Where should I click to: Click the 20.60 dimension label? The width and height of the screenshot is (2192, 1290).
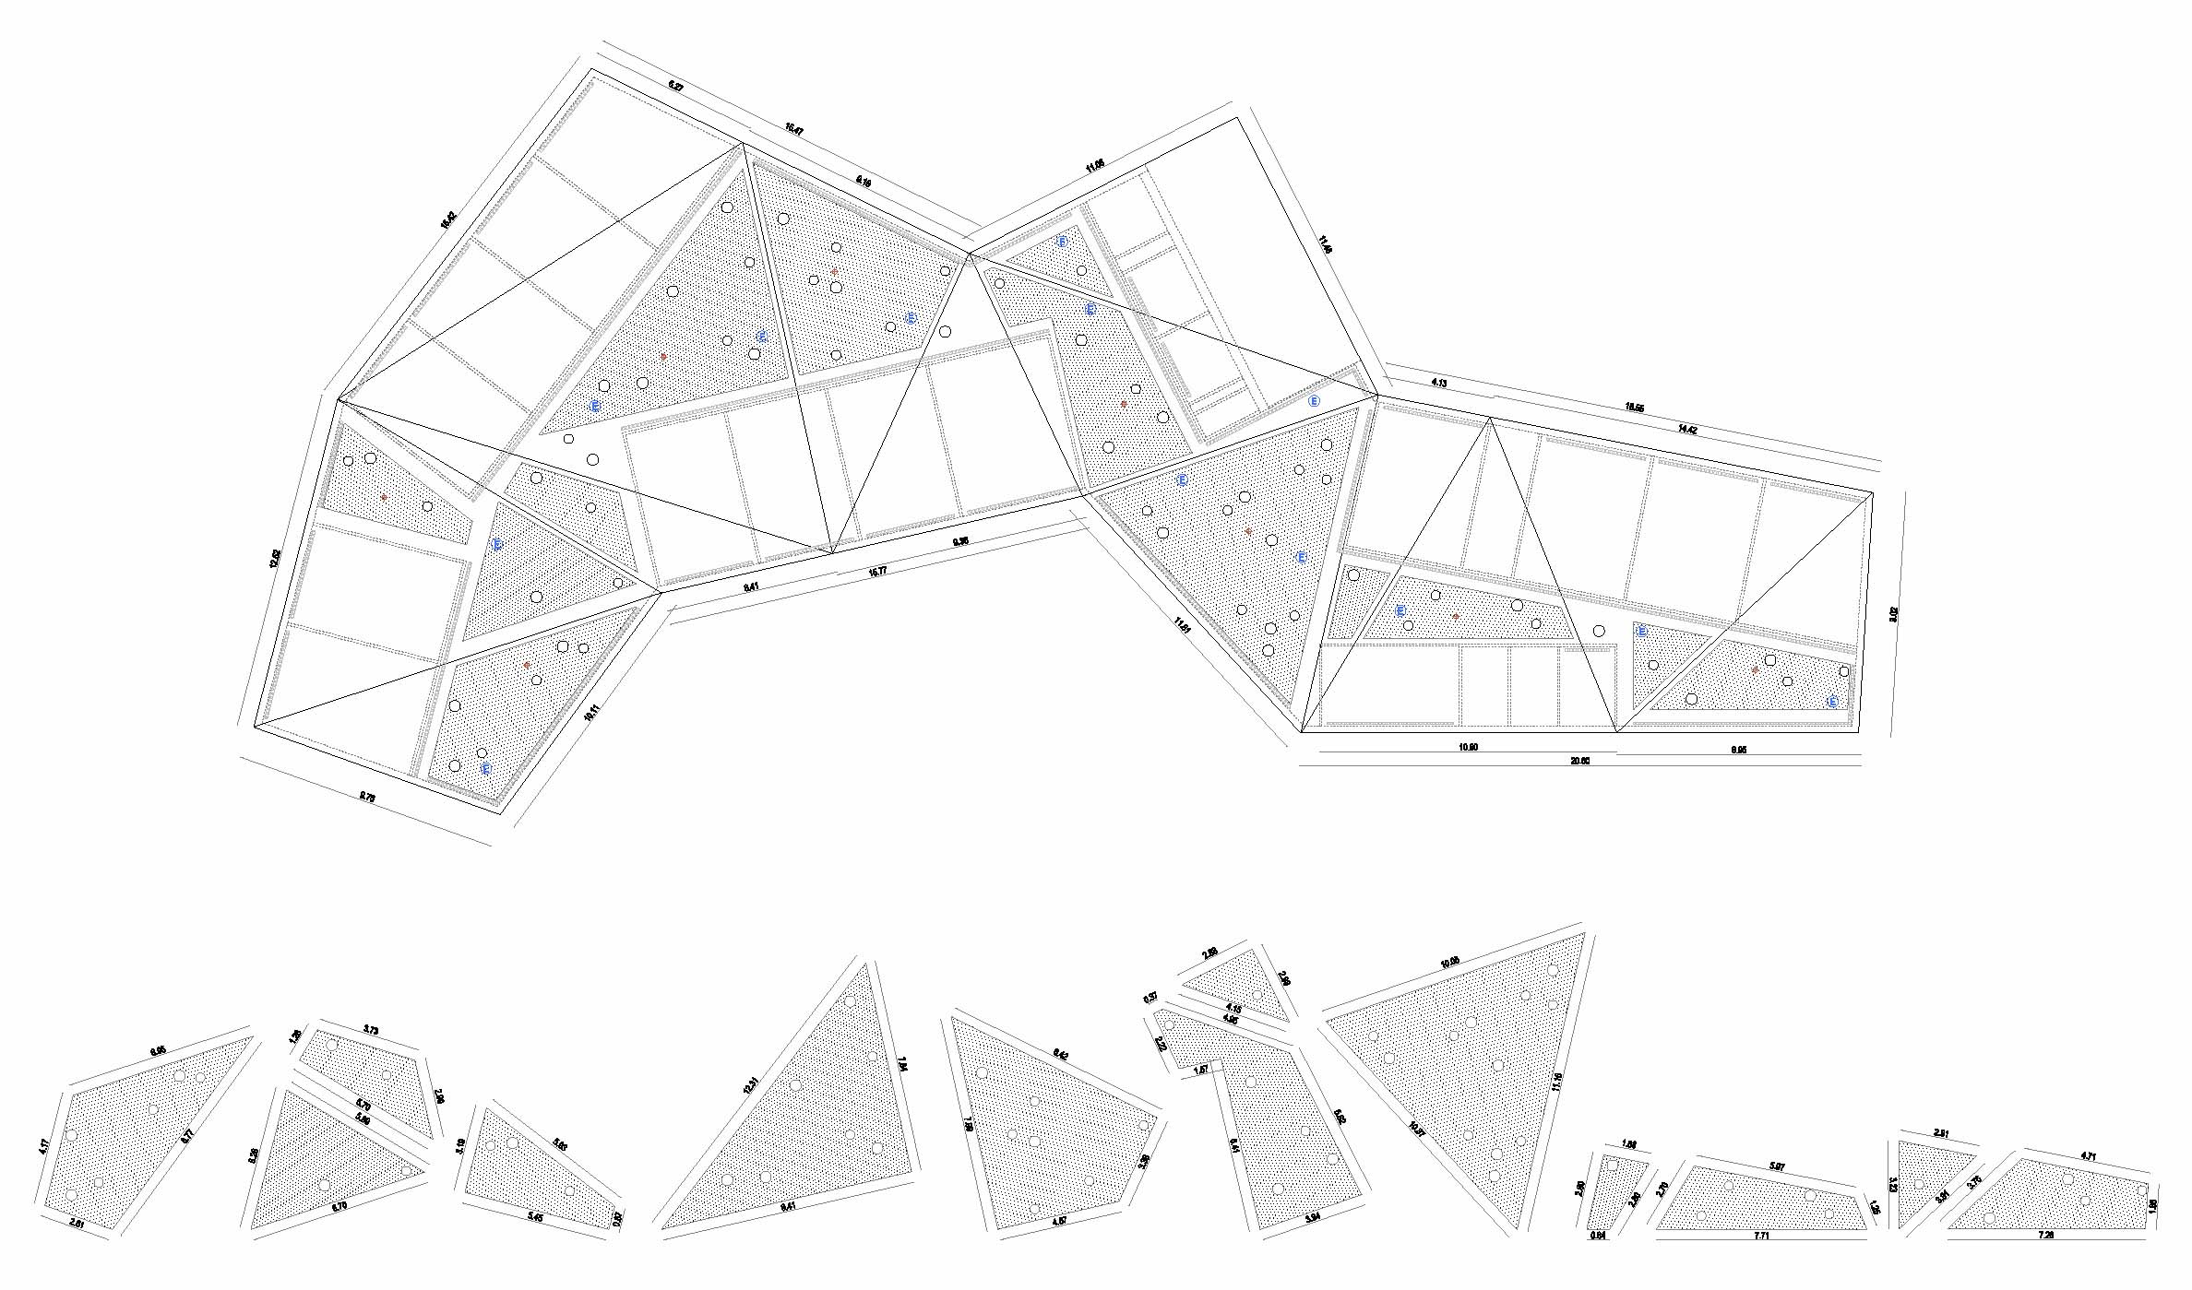(x=1579, y=761)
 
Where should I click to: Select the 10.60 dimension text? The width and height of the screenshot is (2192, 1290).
(x=1468, y=747)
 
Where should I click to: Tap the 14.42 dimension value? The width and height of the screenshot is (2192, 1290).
(x=1686, y=429)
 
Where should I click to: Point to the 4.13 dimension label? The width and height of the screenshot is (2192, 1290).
(x=1438, y=382)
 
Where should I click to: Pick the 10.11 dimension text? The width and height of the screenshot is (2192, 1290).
(x=591, y=715)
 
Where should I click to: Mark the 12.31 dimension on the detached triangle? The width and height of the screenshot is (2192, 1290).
(x=753, y=1085)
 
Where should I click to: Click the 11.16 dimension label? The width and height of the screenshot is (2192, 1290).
(x=1558, y=1079)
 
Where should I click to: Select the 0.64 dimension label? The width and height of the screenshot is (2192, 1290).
(x=1598, y=1235)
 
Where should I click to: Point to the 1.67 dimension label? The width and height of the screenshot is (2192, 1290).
(x=1201, y=1070)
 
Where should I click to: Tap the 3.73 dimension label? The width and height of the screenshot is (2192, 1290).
(x=371, y=1029)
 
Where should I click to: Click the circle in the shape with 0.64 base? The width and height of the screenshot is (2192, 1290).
(x=1613, y=1166)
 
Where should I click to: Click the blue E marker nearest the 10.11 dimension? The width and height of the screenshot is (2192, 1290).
(x=486, y=768)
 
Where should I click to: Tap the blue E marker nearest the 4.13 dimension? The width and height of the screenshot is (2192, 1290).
(x=1314, y=401)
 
